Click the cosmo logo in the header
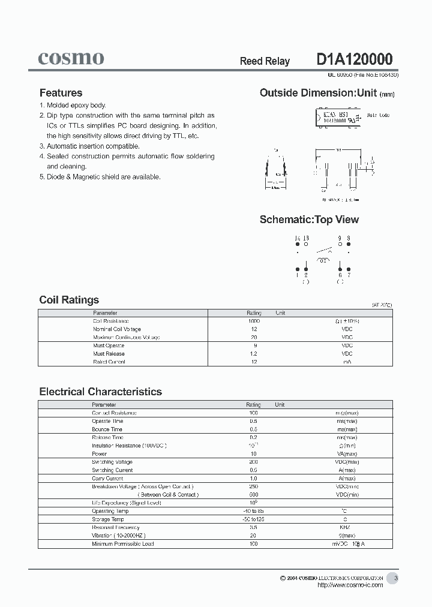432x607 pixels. (x=71, y=58)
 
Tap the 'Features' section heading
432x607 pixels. (x=61, y=93)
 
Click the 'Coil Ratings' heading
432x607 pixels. (x=69, y=300)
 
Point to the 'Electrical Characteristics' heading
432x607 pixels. (x=100, y=392)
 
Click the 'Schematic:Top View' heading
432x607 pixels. (x=309, y=220)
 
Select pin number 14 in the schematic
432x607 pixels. (x=297, y=238)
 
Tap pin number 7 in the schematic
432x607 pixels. (x=348, y=275)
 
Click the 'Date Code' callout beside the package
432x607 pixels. (x=378, y=115)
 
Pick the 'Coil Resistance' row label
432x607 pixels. (x=109, y=321)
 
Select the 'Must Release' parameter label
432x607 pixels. (x=109, y=354)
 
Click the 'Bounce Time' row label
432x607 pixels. (x=107, y=429)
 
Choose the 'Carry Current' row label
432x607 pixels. (x=107, y=479)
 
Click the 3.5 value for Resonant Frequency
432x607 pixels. (x=253, y=527)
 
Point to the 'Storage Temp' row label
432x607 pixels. (x=107, y=519)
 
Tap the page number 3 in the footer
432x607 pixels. (x=395, y=578)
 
